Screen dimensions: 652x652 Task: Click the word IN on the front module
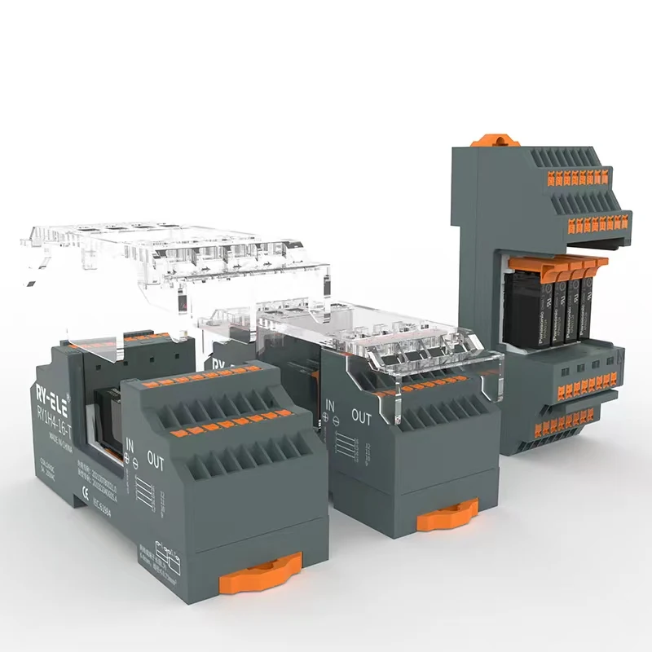pyautogui.click(x=129, y=445)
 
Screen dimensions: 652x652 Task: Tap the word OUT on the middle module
pyautogui.click(x=361, y=416)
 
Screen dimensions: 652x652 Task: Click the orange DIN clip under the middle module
pyautogui.click(x=447, y=517)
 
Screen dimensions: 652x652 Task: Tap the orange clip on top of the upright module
pyautogui.click(x=495, y=140)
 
